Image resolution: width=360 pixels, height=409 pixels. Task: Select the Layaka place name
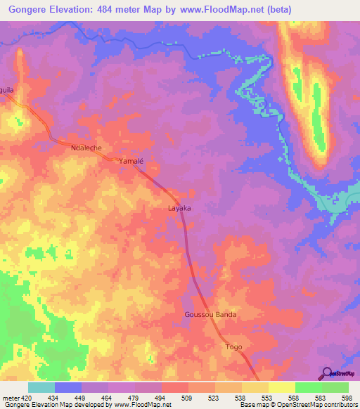[x=179, y=209]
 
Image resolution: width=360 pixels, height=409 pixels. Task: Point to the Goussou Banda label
[x=210, y=314]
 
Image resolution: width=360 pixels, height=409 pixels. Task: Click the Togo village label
[x=233, y=347]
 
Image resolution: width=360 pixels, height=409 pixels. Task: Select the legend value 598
[x=347, y=397]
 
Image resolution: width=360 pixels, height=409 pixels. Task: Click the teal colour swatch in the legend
[x=41, y=387]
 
